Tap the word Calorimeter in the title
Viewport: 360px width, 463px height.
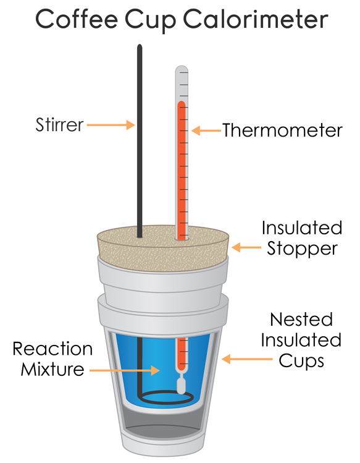[255, 19]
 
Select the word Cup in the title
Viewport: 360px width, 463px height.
[151, 20]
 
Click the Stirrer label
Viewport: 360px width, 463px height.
[60, 125]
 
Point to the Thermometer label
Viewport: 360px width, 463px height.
[282, 130]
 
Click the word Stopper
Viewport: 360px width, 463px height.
[302, 249]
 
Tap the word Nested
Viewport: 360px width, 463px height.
[301, 319]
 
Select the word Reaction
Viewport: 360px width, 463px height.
[52, 349]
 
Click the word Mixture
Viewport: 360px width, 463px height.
[52, 369]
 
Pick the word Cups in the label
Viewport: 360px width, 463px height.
[301, 362]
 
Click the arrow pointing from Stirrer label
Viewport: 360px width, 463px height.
[111, 125]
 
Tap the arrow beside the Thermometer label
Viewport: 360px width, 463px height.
[206, 130]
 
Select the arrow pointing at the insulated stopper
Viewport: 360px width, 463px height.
[246, 247]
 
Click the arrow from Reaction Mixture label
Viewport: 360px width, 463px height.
[125, 370]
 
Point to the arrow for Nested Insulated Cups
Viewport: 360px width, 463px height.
[246, 359]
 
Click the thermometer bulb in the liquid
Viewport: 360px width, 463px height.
[181, 386]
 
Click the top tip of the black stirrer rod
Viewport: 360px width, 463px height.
[140, 45]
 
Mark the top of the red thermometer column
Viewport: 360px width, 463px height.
[182, 102]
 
